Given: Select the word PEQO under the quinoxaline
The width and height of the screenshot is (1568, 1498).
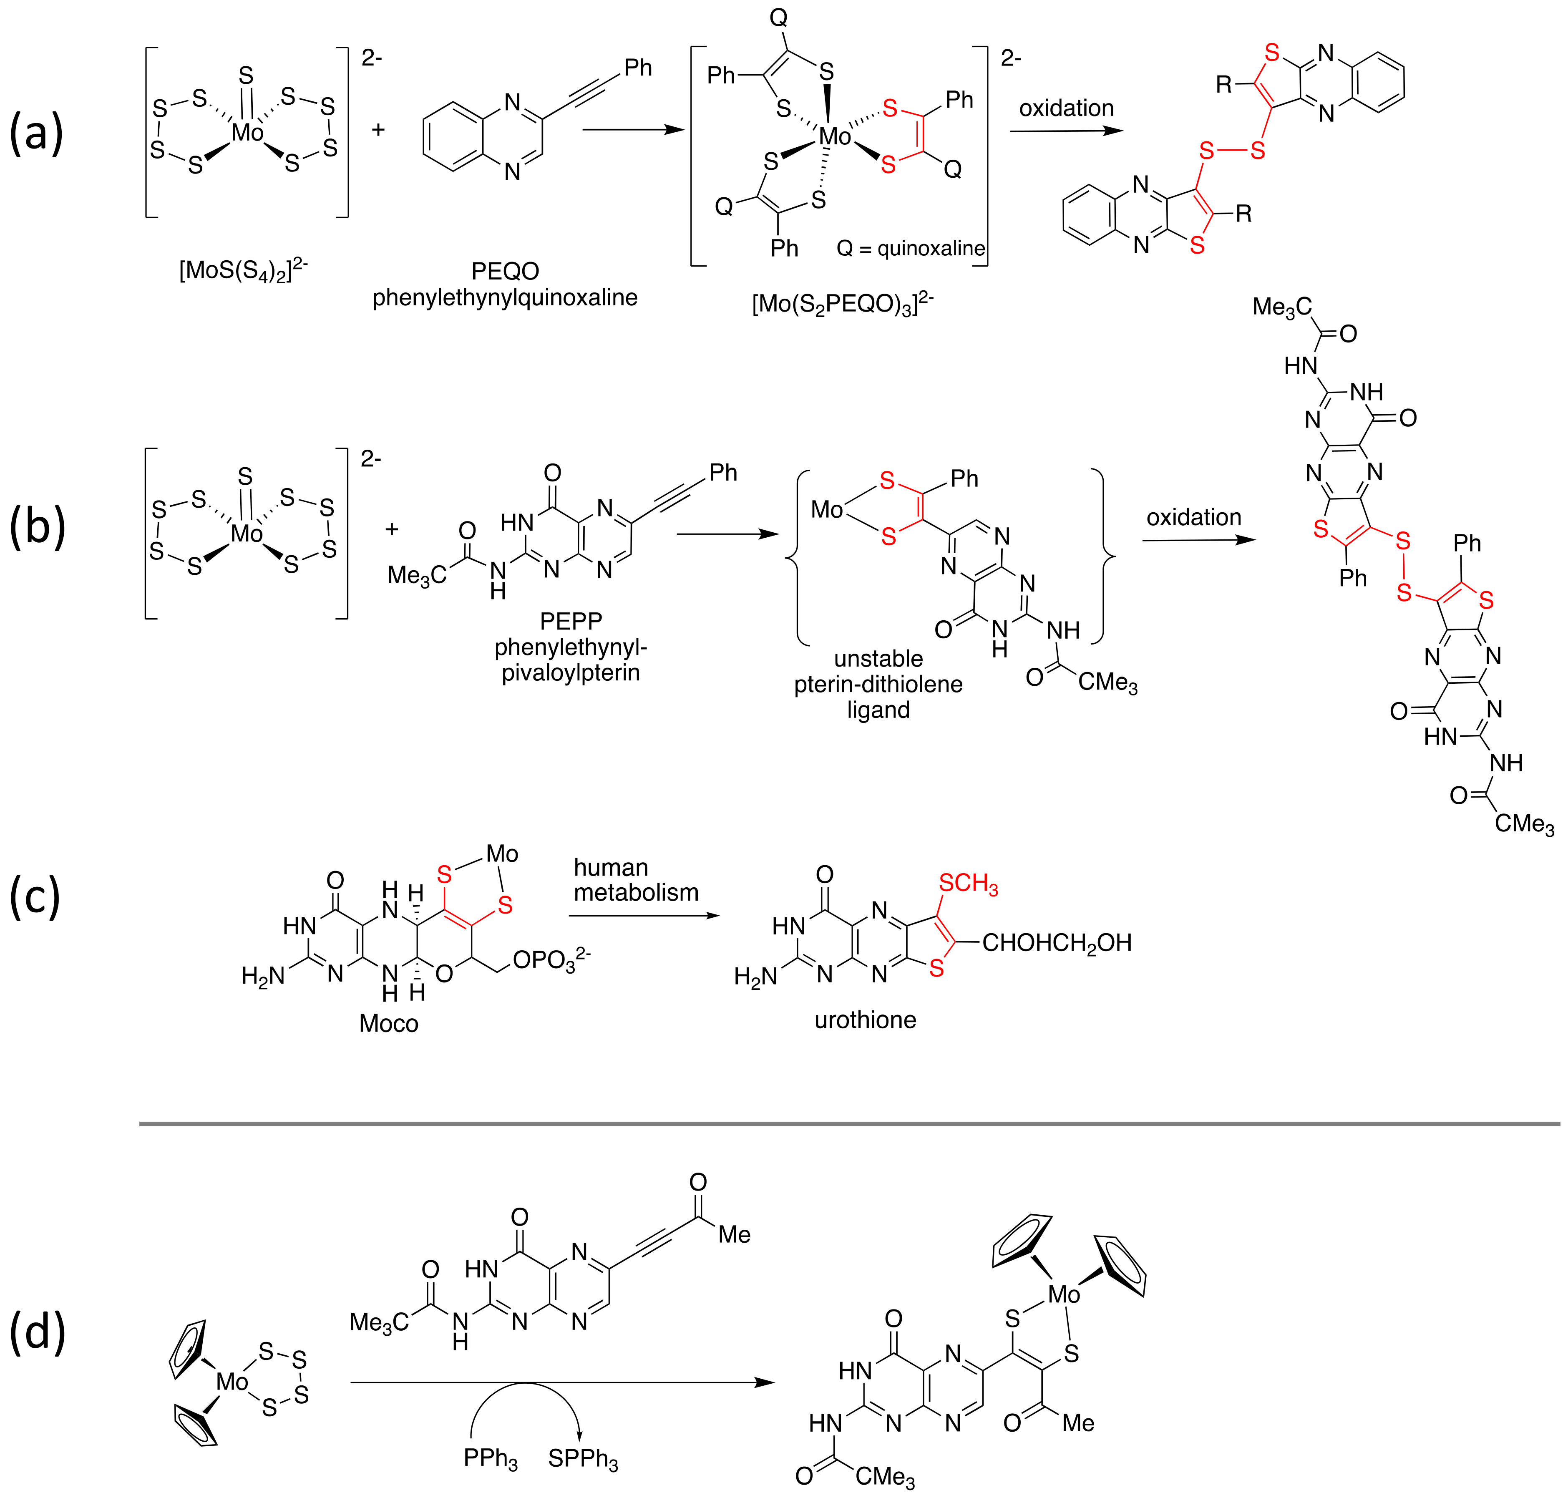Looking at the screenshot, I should coord(505,272).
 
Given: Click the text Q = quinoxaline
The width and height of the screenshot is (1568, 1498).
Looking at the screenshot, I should coord(910,248).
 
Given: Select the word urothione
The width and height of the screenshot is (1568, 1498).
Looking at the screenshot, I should coord(865,1020).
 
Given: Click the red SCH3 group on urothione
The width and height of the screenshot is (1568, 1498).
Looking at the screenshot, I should coord(968,883).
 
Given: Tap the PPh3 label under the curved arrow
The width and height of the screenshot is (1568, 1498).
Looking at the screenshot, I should coord(490,1458).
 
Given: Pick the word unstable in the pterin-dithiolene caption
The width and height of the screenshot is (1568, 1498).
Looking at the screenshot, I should coord(878,659).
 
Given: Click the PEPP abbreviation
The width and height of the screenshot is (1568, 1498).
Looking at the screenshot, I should coord(570,620).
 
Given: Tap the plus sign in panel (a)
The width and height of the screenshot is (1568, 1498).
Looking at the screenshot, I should coord(378,129).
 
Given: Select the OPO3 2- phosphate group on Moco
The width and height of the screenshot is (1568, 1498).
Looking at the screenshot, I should coord(551,961).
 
